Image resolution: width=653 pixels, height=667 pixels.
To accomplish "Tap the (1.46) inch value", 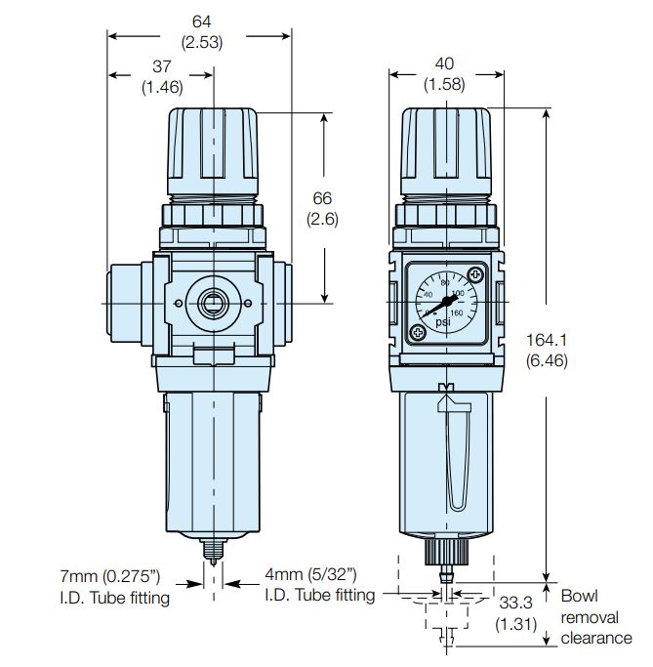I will click(x=161, y=87).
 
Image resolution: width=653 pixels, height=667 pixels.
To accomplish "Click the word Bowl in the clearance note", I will click(x=579, y=595).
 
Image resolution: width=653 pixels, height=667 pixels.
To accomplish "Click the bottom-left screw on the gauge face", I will click(x=418, y=332).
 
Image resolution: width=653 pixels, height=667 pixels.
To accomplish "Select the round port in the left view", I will click(x=213, y=303).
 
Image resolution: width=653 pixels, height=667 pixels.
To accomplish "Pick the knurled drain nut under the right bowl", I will click(x=445, y=553).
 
